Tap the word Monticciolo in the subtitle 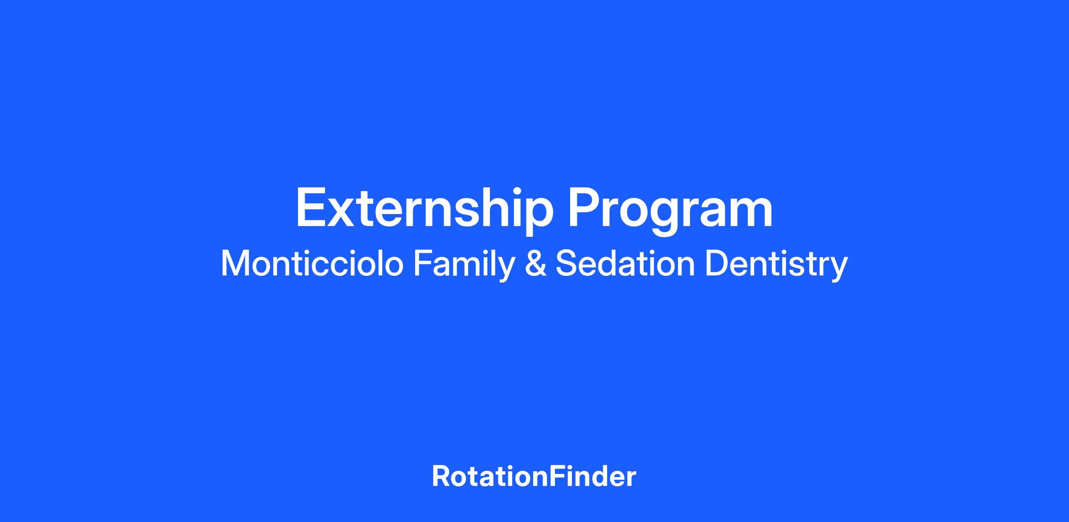[312, 263]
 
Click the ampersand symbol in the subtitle [536, 263]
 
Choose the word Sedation [625, 263]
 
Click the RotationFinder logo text [534, 477]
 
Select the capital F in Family [423, 263]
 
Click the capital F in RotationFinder [555, 477]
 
